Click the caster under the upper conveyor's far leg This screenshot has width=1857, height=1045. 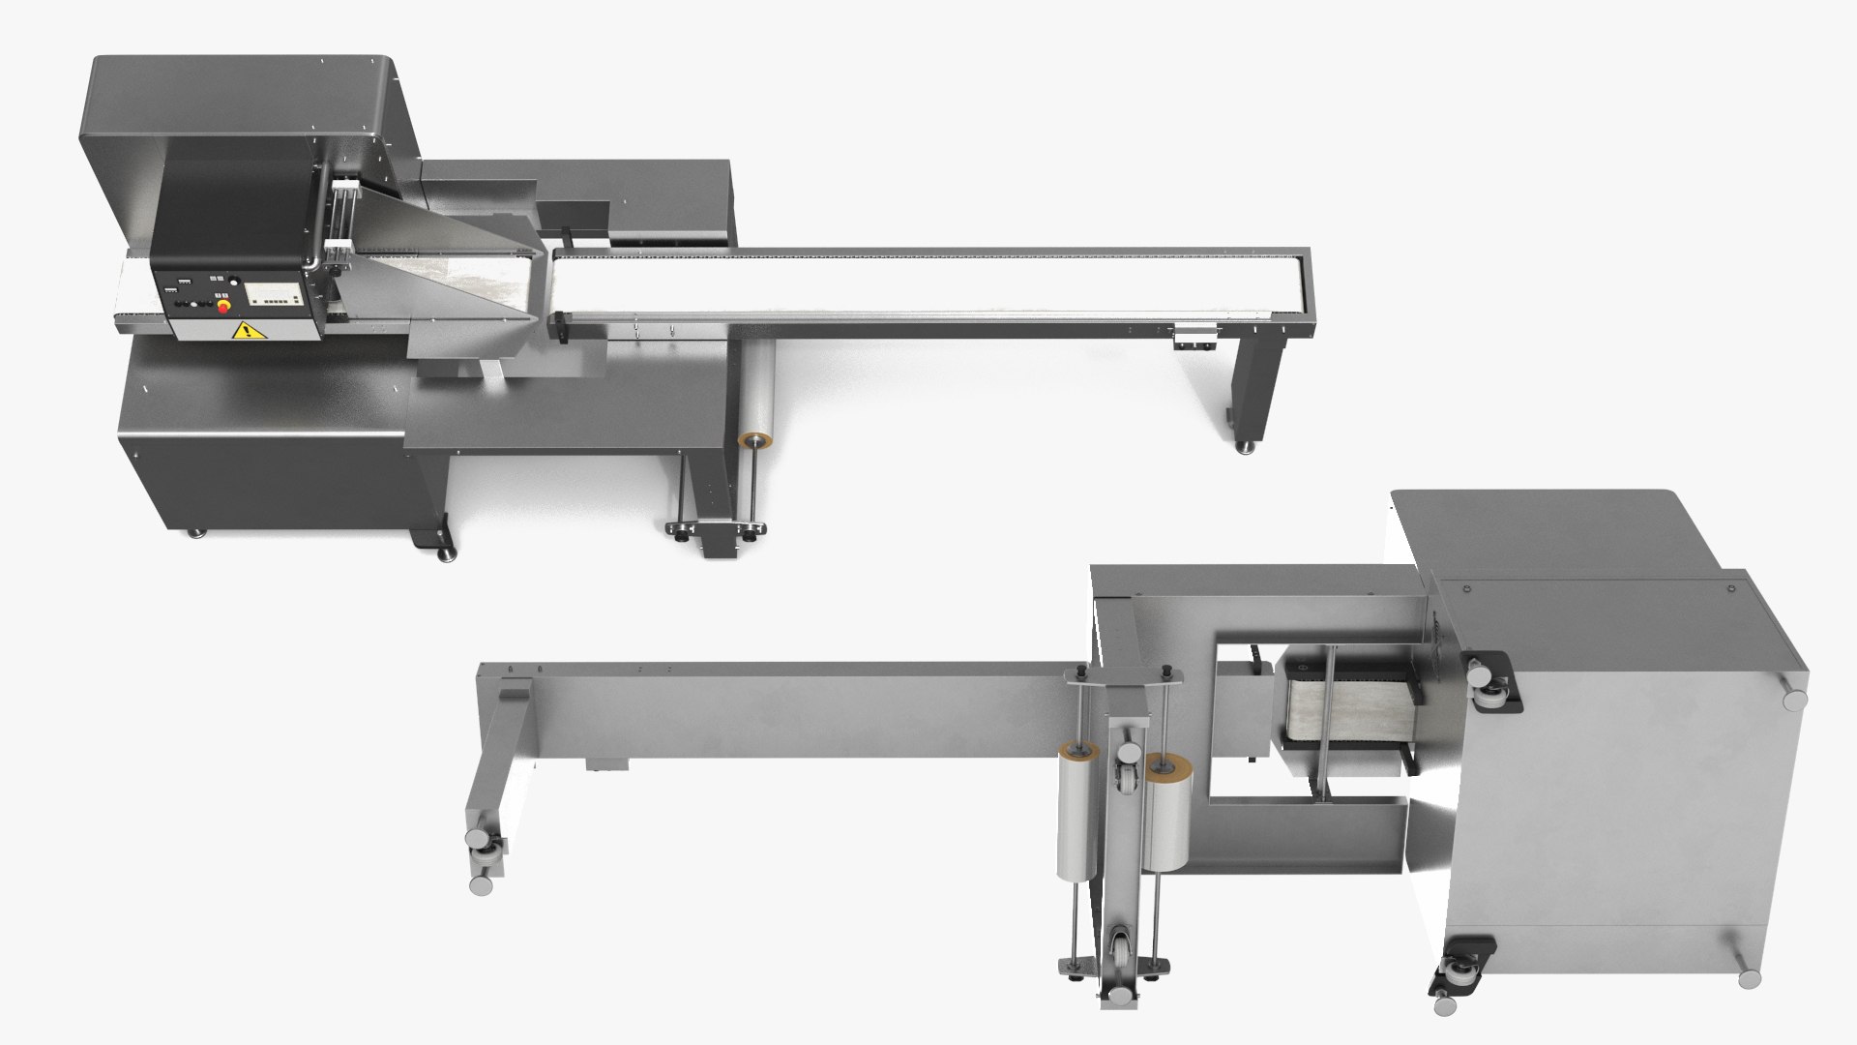[x=1246, y=447]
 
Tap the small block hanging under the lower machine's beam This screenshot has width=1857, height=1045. [x=606, y=765]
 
